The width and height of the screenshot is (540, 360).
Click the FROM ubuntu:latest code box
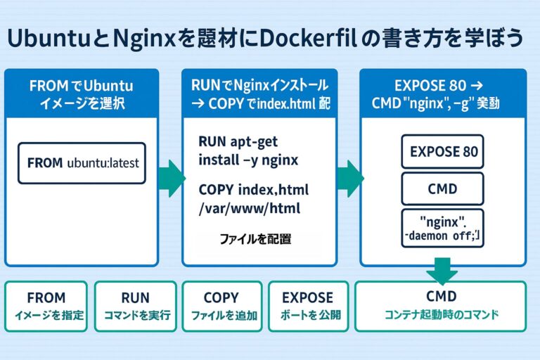82,162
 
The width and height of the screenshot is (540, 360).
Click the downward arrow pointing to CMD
442,271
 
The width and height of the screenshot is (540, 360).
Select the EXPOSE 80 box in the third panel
443,151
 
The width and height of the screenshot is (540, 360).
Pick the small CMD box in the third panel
443,188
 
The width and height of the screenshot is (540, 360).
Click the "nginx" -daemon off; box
443,227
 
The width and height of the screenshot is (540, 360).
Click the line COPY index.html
254,190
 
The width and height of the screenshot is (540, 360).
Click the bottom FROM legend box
46,306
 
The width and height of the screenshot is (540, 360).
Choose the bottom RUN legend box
135,306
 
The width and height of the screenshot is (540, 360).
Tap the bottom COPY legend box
221,306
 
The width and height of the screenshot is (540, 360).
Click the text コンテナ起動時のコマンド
442,315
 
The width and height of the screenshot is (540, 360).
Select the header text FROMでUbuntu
81,86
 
